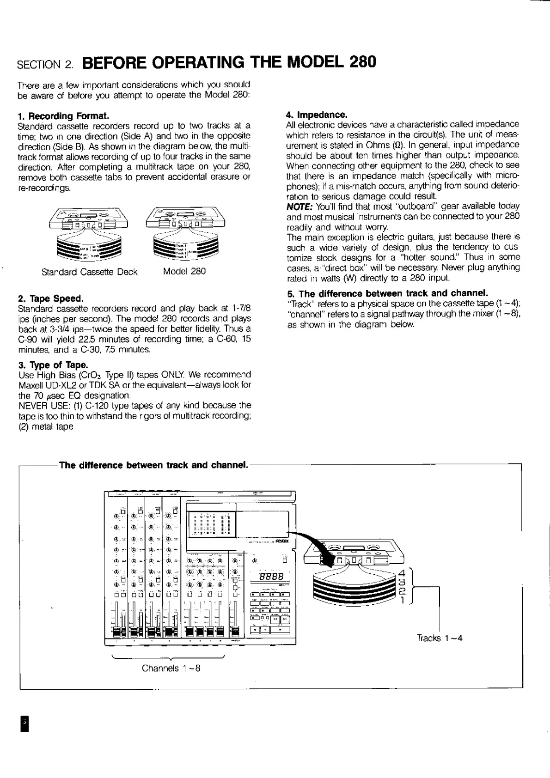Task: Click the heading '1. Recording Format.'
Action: tap(63, 115)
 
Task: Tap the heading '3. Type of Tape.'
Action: tap(53, 365)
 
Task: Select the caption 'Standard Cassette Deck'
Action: tap(89, 272)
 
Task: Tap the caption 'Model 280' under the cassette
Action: tap(184, 271)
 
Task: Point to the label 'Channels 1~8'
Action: tap(171, 668)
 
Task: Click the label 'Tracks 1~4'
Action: tap(439, 638)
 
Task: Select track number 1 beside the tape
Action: tap(403, 600)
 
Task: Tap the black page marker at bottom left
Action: tap(25, 724)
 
